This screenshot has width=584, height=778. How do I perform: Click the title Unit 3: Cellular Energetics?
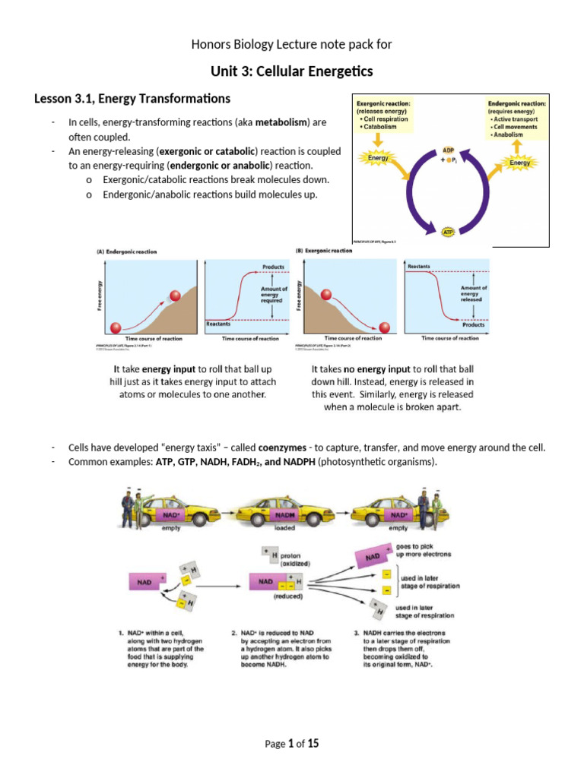(x=292, y=72)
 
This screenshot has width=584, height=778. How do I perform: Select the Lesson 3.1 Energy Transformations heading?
(x=132, y=99)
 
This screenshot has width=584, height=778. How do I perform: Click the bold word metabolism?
(x=281, y=122)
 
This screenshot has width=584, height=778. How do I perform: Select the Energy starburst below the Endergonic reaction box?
(x=520, y=161)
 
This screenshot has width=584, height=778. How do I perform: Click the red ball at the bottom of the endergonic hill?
(x=116, y=327)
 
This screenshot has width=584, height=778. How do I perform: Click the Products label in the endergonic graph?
(x=274, y=267)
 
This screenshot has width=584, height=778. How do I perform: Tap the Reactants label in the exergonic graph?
(x=419, y=267)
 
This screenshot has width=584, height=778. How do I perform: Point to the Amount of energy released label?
(x=476, y=293)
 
